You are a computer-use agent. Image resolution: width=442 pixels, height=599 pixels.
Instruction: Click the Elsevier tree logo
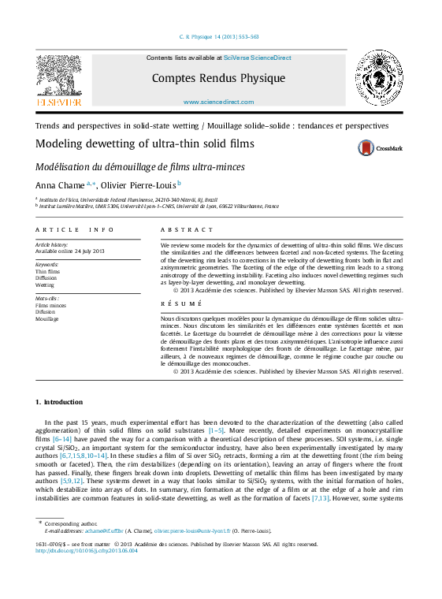tap(59, 79)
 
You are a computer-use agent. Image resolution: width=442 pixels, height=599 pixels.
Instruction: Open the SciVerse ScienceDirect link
tap(257, 58)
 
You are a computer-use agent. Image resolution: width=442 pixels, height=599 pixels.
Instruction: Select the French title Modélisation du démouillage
tap(140, 166)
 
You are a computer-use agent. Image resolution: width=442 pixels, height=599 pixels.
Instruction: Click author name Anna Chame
tap(60, 184)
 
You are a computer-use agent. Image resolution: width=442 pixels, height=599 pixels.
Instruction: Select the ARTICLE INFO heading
tap(75, 229)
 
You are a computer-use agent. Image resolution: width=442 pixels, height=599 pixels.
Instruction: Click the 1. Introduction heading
tap(59, 402)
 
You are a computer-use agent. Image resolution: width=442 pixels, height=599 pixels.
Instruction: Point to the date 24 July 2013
tap(89, 251)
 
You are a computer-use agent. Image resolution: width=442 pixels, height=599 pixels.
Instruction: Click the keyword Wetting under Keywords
tap(46, 285)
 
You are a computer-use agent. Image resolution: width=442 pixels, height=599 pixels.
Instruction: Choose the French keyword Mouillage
tap(47, 319)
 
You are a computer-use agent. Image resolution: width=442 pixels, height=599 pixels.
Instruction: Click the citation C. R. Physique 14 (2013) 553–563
tap(220, 37)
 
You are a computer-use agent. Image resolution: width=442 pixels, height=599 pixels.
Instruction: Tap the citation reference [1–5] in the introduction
tap(216, 431)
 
